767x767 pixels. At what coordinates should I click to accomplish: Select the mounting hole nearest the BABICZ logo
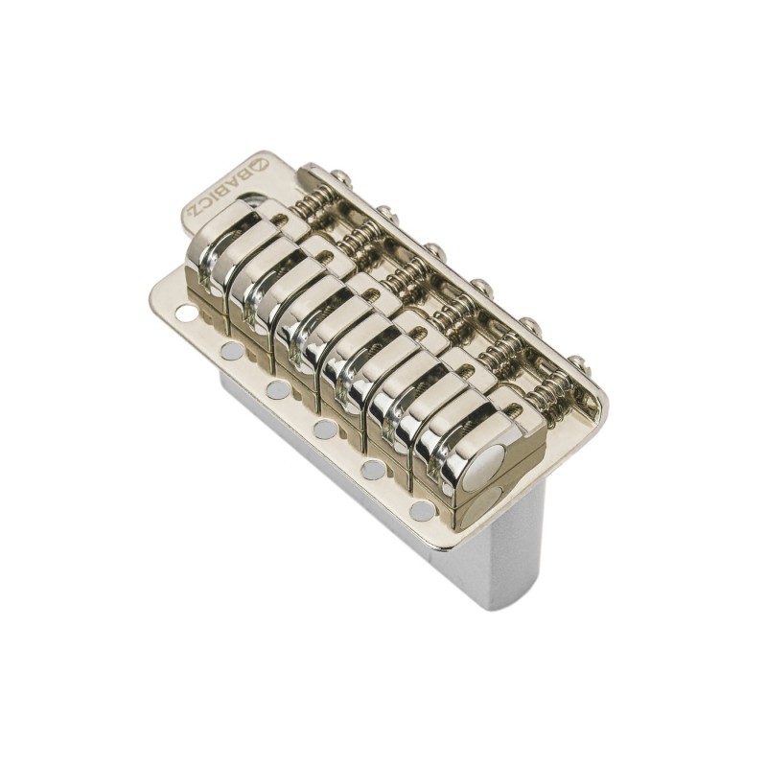186,312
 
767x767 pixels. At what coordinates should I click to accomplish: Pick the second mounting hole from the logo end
231,351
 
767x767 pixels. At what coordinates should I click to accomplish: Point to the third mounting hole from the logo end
278,389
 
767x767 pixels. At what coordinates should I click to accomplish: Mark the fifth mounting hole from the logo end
373,469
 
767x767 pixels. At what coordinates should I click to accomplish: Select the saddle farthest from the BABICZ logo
470,451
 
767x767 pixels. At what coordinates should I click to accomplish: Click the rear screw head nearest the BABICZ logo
339,176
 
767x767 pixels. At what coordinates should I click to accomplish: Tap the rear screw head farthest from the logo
578,362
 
